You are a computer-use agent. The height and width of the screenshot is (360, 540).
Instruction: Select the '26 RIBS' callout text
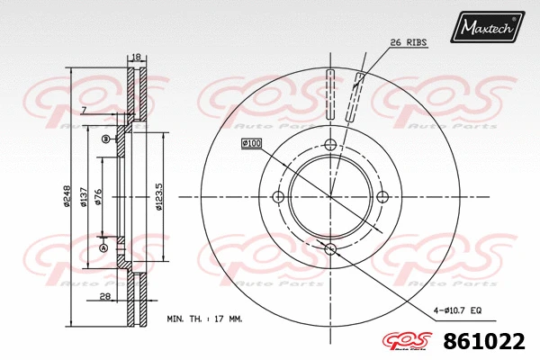pos(408,42)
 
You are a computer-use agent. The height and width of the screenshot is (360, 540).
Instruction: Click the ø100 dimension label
pos(250,144)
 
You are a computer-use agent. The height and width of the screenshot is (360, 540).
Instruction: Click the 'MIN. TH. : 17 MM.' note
pos(203,319)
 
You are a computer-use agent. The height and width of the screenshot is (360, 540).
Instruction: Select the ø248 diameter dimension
pos(67,197)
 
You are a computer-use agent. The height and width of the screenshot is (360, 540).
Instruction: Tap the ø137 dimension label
pos(83,197)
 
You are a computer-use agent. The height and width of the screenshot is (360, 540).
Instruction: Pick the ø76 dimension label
pos(98,197)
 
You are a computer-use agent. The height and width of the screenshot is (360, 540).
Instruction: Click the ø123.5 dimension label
pos(158,197)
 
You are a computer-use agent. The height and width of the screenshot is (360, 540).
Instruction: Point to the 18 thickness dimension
pos(136,57)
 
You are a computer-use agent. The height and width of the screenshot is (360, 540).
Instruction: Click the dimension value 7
pos(83,110)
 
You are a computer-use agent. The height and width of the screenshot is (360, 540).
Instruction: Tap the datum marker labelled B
pos(105,139)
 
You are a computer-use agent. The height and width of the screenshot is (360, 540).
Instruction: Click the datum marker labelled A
pos(103,248)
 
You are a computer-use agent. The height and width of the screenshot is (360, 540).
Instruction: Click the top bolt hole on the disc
pos(329,146)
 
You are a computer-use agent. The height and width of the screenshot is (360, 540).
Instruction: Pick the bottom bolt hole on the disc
pos(329,248)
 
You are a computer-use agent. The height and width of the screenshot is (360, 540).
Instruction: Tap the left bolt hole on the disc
pos(278,197)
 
